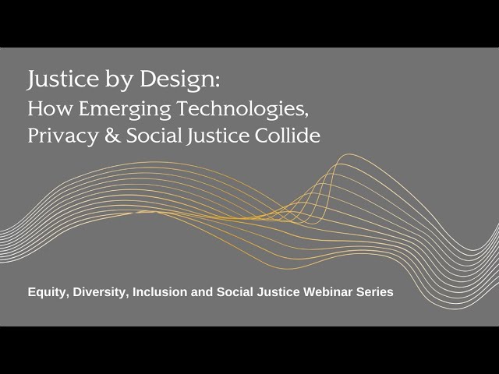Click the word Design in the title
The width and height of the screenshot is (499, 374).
(x=177, y=79)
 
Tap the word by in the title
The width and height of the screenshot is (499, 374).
(x=119, y=79)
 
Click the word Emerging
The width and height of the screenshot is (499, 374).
(x=125, y=110)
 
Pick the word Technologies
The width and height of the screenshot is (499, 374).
(x=242, y=110)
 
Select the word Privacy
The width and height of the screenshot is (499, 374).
(x=62, y=136)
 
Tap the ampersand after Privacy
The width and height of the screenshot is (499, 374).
(x=112, y=136)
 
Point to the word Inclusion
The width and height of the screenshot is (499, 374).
(x=160, y=291)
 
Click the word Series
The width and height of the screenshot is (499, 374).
(x=374, y=291)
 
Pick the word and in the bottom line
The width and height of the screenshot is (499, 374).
(x=202, y=291)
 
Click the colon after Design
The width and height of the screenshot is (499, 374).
(x=218, y=82)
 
